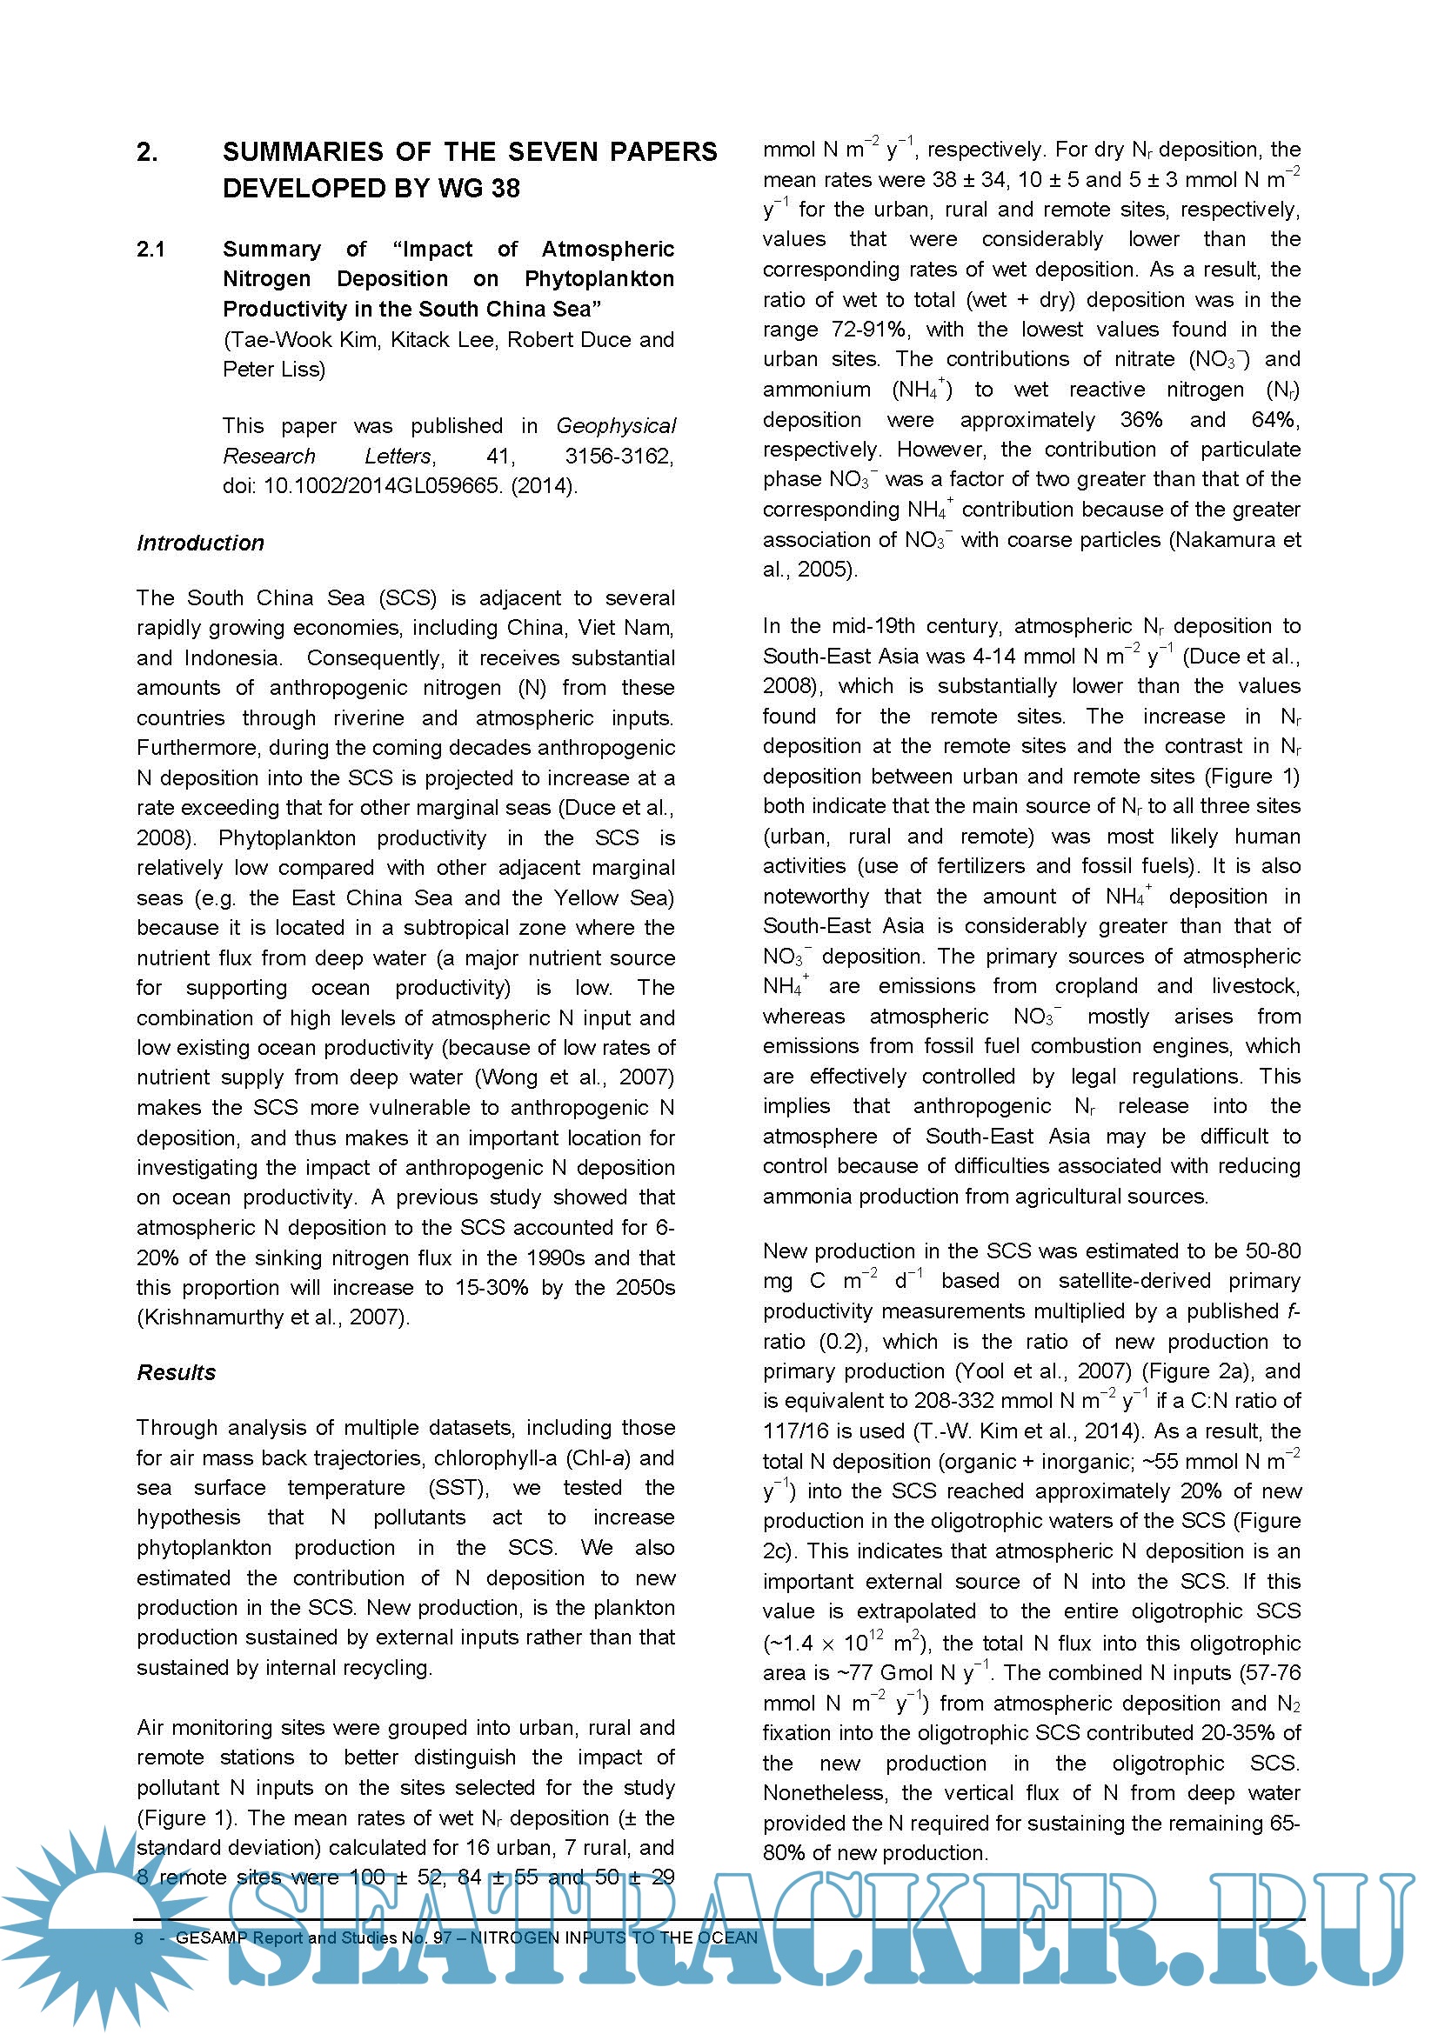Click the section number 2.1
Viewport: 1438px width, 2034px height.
[150, 250]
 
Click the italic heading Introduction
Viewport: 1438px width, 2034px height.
[200, 543]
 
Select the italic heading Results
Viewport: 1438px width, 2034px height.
[177, 1372]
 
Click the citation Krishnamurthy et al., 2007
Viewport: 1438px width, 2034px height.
[273, 1317]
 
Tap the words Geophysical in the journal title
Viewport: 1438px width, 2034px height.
[616, 426]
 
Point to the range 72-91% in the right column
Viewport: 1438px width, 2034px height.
[870, 330]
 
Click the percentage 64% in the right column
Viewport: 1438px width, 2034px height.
[1276, 420]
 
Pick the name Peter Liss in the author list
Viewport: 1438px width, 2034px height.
[274, 370]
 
